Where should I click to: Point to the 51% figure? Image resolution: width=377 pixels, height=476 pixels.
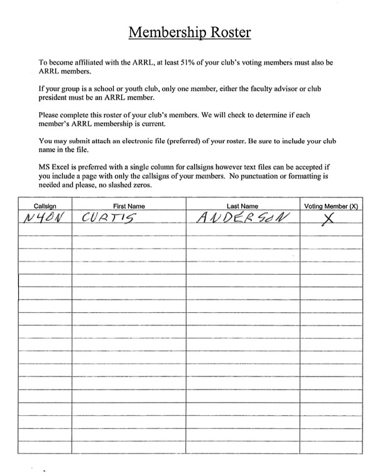pos(192,63)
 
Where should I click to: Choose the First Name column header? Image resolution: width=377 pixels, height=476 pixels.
pos(128,206)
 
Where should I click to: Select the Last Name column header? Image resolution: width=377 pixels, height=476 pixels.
pos(242,206)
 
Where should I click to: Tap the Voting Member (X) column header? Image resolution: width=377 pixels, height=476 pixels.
pos(331,206)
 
